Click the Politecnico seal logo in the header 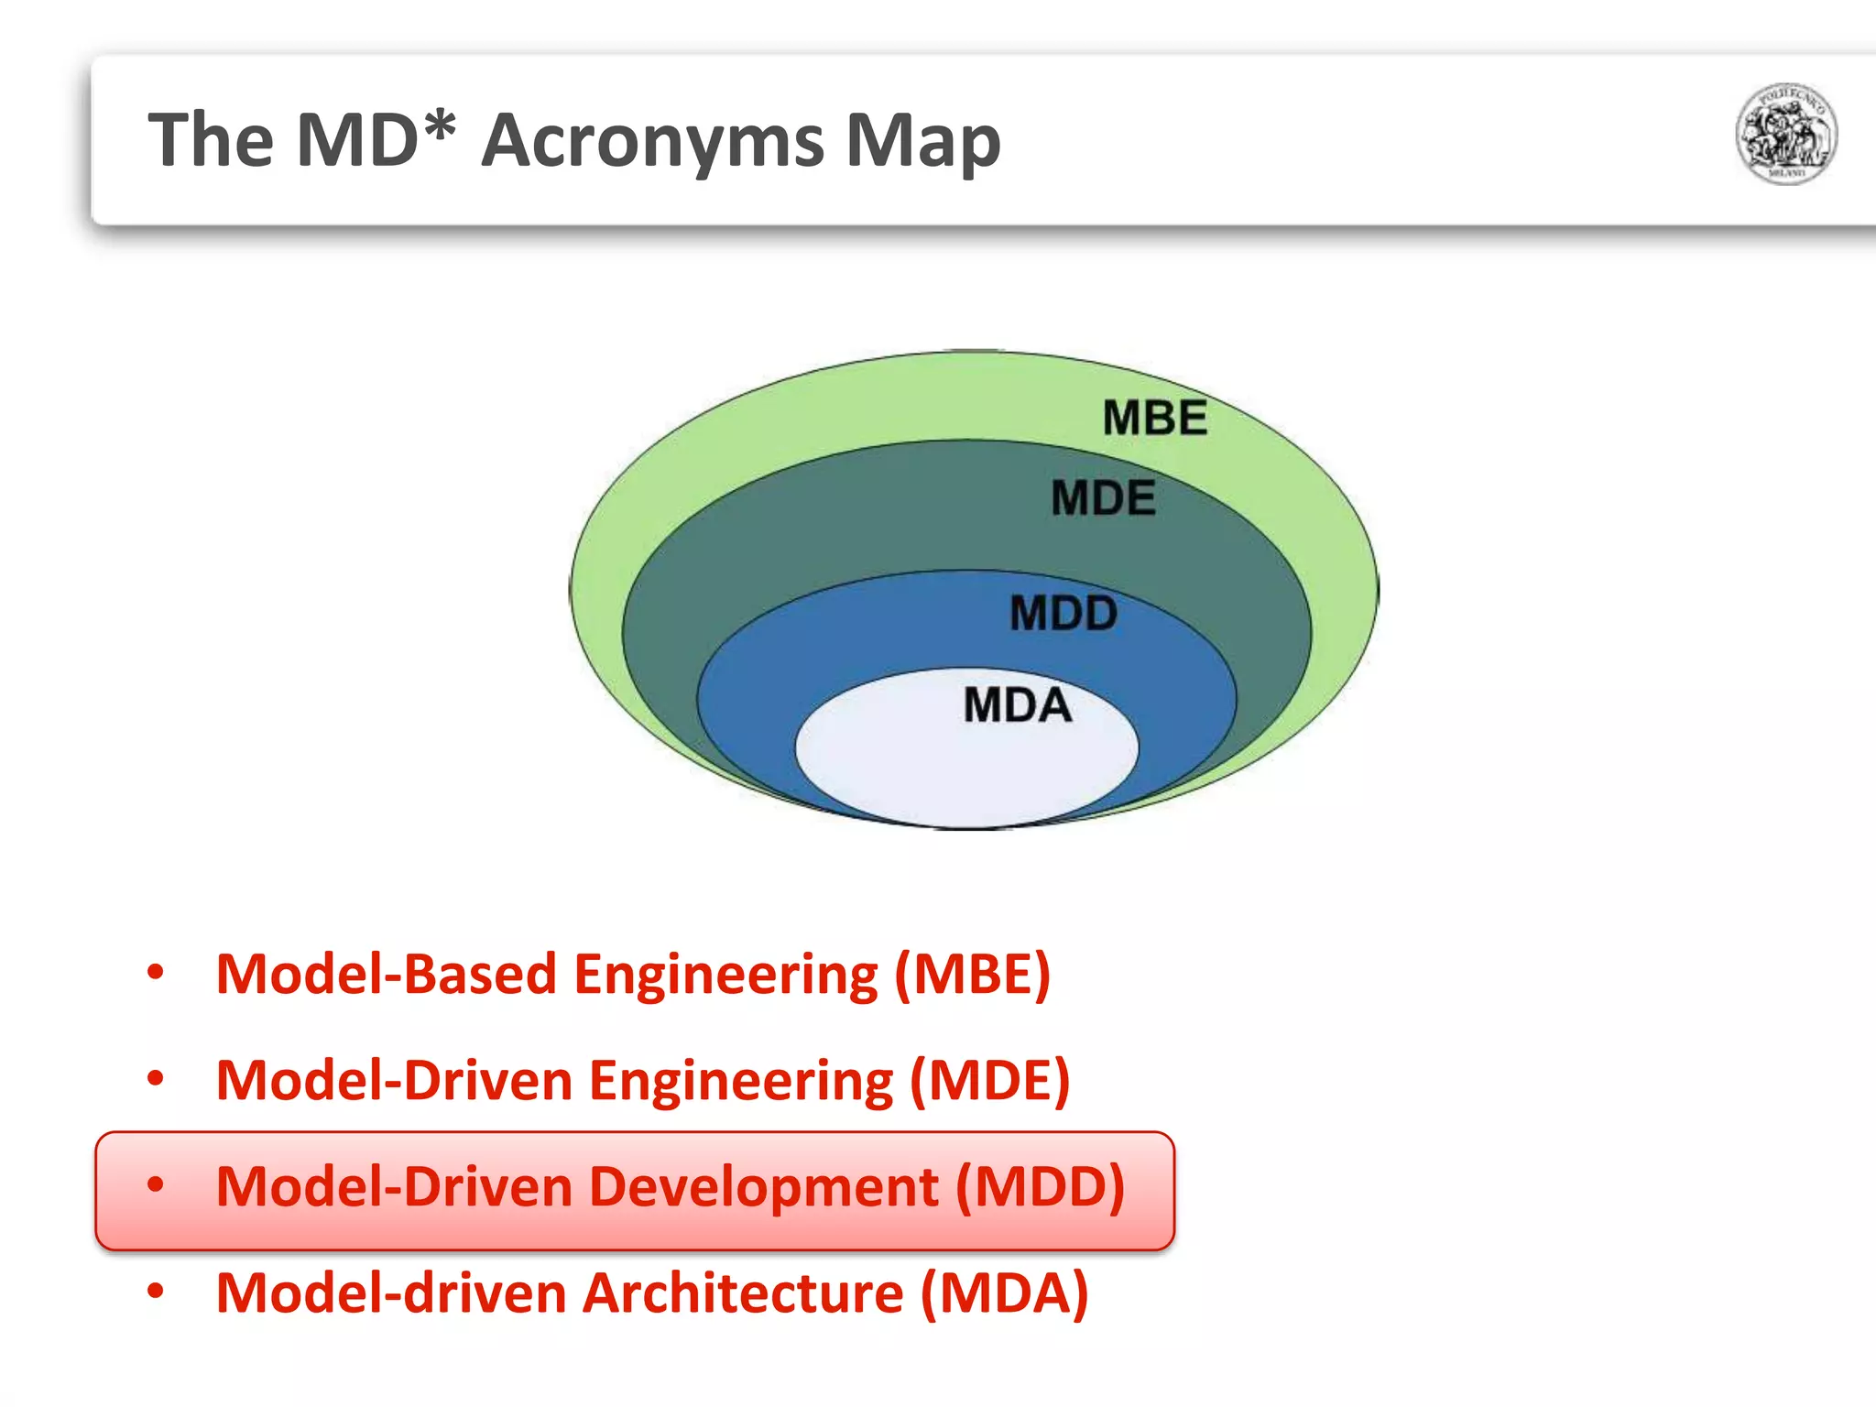[x=1785, y=134]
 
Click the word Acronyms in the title [x=652, y=142]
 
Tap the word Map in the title [x=922, y=142]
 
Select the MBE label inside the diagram [x=1154, y=419]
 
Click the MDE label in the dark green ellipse [x=1103, y=499]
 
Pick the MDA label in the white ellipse [x=1017, y=706]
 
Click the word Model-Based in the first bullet [x=386, y=974]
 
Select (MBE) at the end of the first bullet [x=972, y=974]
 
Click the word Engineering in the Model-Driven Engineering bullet [x=740, y=1082]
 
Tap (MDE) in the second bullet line [x=989, y=1081]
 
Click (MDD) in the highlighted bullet [x=1040, y=1187]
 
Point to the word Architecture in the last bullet [x=743, y=1293]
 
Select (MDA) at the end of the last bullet [x=1004, y=1293]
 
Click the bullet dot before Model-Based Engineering [x=156, y=972]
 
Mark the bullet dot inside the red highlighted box [x=156, y=1184]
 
